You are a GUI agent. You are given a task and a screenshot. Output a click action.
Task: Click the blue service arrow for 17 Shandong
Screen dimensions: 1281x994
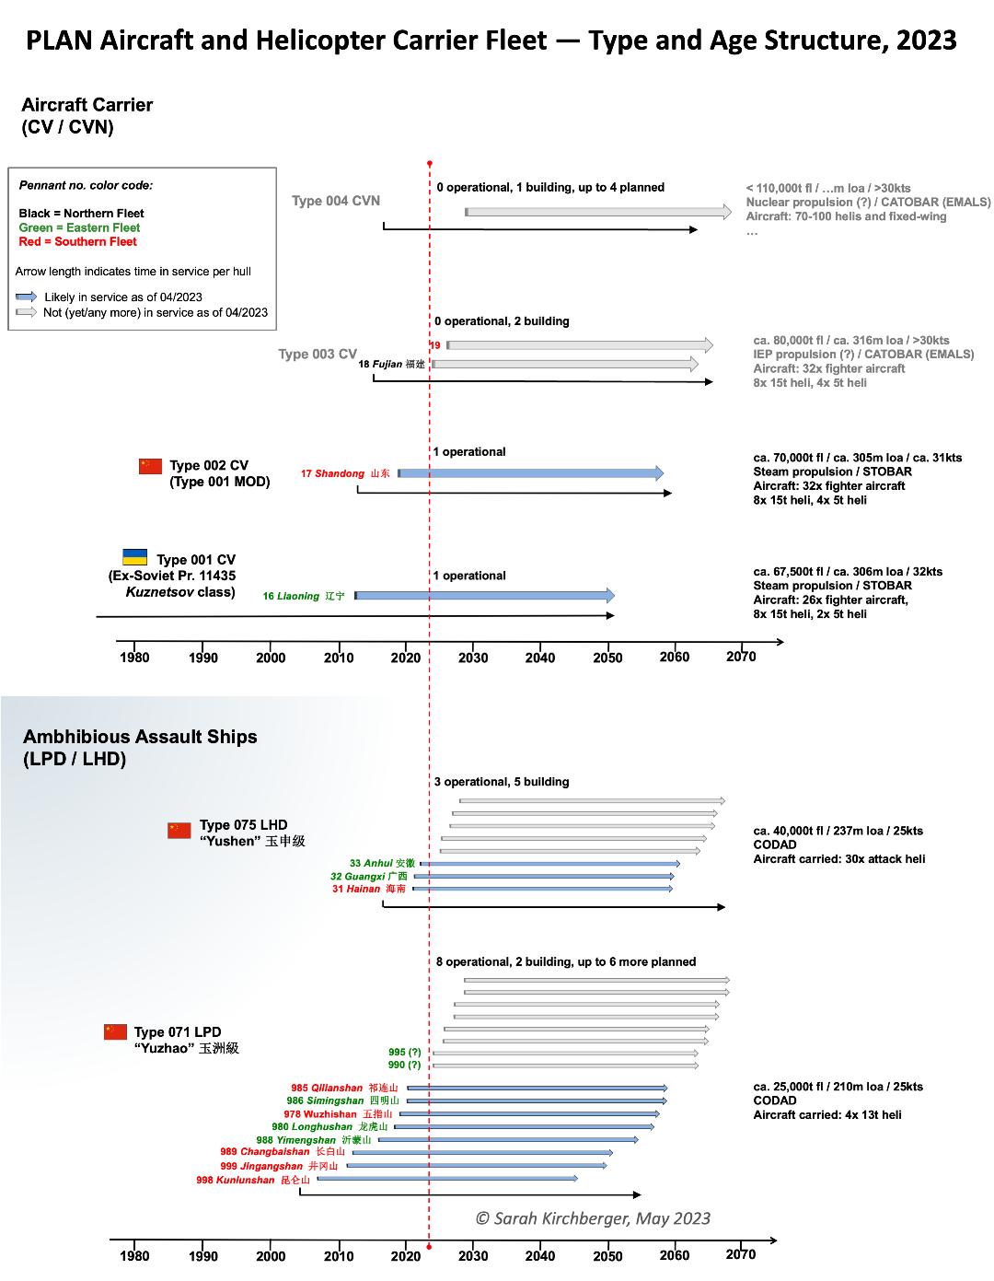(530, 473)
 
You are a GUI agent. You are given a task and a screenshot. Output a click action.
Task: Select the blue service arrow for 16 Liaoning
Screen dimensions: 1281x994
(484, 596)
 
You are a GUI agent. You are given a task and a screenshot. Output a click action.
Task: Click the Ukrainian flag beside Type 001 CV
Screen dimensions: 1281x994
(135, 557)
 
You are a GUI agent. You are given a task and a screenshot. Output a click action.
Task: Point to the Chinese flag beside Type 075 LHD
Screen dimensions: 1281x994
(179, 830)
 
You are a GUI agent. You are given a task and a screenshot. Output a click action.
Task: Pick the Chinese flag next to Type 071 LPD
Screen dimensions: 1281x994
(115, 1031)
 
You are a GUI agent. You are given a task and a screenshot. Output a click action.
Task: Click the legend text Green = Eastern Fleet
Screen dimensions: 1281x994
(79, 227)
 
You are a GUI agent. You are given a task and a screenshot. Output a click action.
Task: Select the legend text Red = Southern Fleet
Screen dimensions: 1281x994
(77, 241)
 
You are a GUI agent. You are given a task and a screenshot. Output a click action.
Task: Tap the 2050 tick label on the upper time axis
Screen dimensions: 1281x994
(607, 658)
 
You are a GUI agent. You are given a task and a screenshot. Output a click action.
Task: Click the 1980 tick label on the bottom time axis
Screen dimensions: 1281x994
(134, 1256)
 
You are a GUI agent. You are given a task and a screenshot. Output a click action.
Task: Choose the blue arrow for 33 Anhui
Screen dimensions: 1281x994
(550, 864)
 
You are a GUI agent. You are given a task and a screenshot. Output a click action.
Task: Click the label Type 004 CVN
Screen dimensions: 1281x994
(335, 201)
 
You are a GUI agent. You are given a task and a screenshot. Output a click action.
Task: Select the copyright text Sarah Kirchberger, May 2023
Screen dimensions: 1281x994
(593, 1218)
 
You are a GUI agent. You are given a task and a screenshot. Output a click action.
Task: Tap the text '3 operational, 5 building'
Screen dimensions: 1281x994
(502, 782)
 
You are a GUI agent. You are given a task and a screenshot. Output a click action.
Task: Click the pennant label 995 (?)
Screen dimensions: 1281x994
(404, 1052)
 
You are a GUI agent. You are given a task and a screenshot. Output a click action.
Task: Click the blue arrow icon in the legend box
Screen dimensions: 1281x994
(27, 297)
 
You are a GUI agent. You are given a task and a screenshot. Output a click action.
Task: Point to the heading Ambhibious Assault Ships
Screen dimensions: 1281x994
(140, 737)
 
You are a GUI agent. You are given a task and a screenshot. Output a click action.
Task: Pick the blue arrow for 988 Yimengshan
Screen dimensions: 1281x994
(508, 1140)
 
